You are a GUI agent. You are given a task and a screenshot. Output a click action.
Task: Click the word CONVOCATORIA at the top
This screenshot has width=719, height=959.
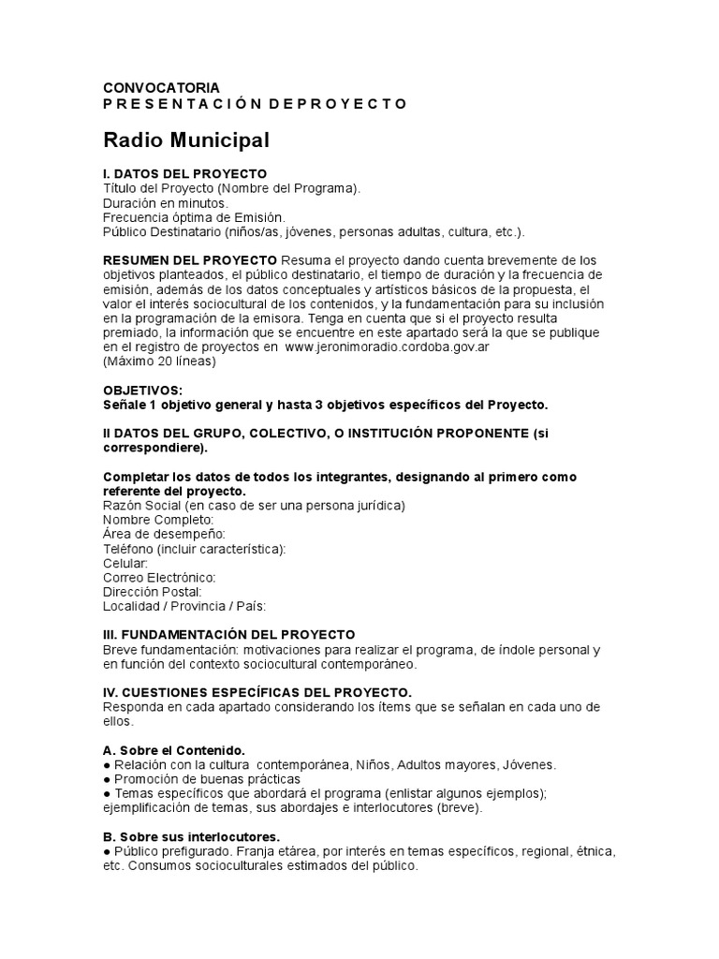tap(161, 88)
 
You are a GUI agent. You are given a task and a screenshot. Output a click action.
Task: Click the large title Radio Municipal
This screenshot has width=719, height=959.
tap(186, 140)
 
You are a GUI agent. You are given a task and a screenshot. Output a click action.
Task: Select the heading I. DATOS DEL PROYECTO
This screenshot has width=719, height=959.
tap(184, 174)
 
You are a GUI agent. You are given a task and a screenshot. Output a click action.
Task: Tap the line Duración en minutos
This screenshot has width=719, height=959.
tap(165, 203)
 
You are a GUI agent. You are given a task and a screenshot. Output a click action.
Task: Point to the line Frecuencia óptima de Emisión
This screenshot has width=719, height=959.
tap(194, 217)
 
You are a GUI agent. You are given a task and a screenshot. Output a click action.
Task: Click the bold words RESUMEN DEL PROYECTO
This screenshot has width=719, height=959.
tap(190, 259)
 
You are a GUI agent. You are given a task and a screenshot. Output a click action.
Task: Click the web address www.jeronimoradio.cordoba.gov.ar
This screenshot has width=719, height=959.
tap(388, 347)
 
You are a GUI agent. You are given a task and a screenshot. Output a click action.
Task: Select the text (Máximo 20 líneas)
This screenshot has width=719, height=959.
tap(158, 361)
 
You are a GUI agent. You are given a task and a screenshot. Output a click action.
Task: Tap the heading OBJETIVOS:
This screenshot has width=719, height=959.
tap(143, 390)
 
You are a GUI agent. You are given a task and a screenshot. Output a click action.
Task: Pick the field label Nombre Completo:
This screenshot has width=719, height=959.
tap(158, 520)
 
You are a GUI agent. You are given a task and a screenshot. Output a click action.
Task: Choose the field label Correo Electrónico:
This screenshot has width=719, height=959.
tap(159, 578)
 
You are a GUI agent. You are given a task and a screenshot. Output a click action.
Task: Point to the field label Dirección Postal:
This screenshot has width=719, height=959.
tap(152, 592)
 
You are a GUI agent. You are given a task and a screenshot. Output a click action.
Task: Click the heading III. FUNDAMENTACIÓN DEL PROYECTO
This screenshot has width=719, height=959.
tap(228, 635)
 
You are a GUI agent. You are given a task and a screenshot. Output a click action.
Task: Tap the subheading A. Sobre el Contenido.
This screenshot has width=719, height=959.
tap(173, 751)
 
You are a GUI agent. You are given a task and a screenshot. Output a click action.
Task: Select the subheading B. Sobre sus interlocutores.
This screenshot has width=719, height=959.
tap(191, 836)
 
